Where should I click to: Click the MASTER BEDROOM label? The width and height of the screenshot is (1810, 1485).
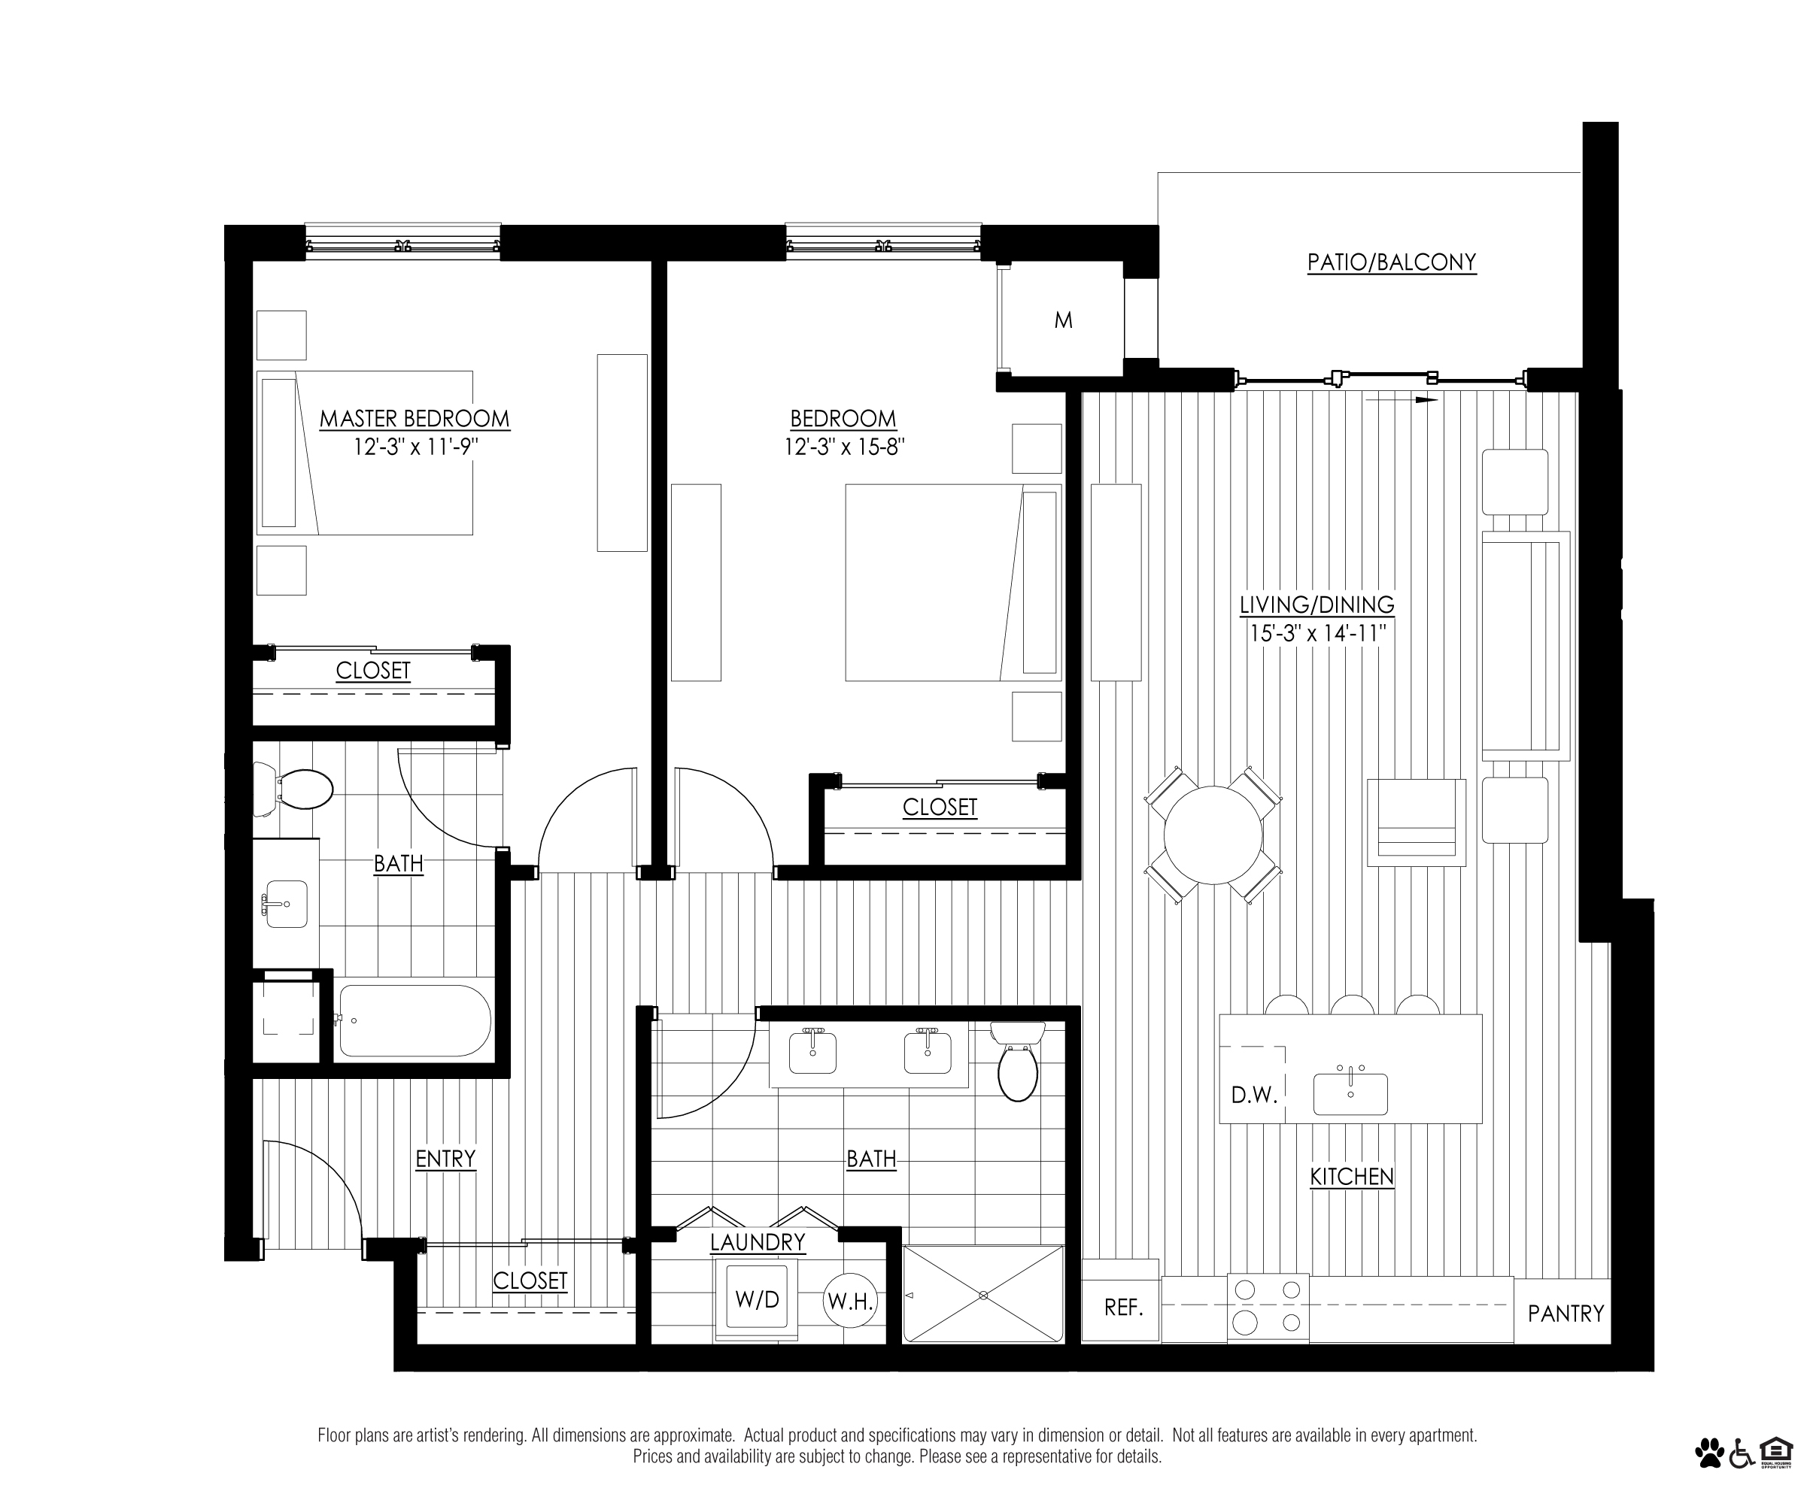[415, 418]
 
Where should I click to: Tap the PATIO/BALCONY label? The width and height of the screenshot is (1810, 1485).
[1392, 262]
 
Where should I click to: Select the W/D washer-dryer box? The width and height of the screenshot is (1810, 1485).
[758, 1299]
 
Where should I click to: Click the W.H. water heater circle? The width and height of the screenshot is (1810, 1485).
[850, 1301]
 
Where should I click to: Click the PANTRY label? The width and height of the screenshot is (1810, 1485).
[1566, 1313]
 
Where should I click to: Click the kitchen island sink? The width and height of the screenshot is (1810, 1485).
[1350, 1094]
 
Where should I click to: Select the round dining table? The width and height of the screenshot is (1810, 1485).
[1213, 835]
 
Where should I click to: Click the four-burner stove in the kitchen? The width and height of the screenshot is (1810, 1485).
[1268, 1307]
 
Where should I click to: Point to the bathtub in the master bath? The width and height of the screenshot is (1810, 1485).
[415, 1020]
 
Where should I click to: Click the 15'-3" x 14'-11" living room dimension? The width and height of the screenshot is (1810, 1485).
[1317, 633]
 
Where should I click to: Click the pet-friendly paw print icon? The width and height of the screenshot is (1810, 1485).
[1709, 1452]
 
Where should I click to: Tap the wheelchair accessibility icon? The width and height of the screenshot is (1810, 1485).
[1742, 1452]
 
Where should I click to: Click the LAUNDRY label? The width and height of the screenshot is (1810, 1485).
[758, 1241]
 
